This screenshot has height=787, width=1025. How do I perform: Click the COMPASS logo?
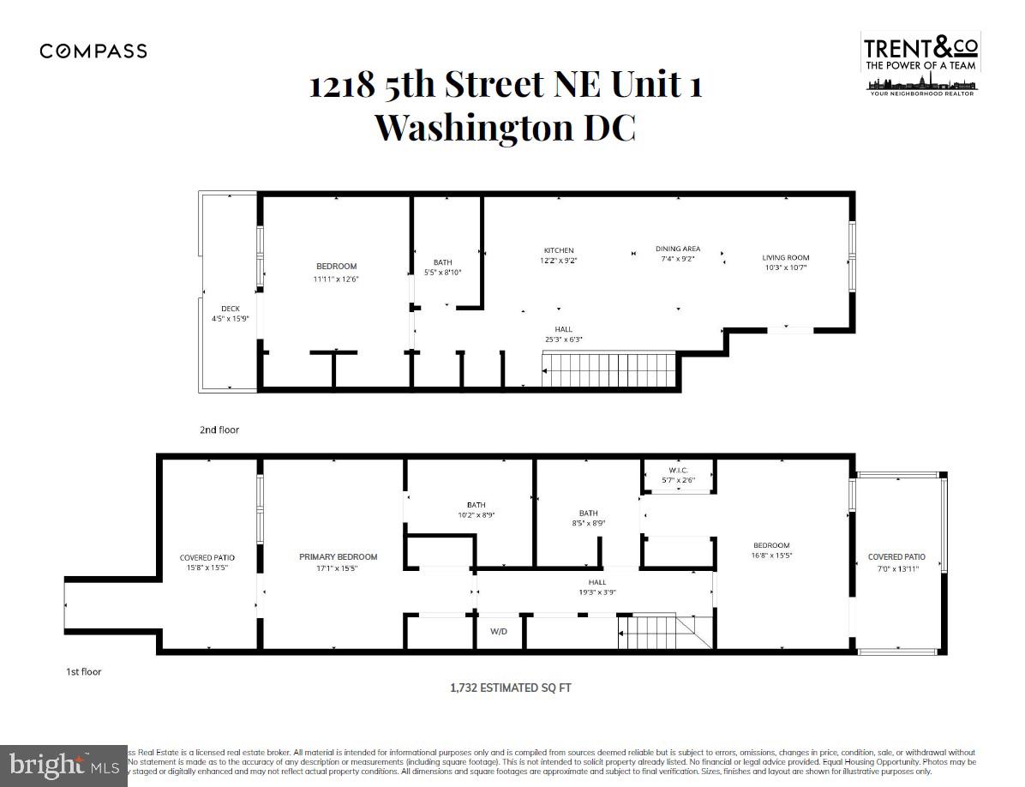click(93, 51)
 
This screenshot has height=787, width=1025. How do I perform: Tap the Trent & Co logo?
click(920, 63)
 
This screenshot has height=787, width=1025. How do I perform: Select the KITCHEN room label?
click(557, 250)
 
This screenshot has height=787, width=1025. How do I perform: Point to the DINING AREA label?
click(677, 249)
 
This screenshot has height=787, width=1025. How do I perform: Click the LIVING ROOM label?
click(786, 257)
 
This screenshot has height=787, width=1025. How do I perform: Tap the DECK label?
click(230, 309)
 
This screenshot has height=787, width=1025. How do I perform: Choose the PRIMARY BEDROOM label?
click(338, 557)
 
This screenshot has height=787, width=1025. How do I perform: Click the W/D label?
click(499, 632)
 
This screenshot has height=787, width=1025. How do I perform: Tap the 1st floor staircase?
click(664, 632)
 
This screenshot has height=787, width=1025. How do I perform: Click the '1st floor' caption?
click(84, 671)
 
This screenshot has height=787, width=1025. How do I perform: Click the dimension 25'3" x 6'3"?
click(563, 339)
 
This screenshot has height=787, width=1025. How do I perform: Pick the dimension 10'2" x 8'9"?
click(476, 515)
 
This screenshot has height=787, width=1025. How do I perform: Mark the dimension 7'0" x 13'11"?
click(896, 568)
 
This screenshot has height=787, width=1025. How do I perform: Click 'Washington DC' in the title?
click(506, 127)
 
